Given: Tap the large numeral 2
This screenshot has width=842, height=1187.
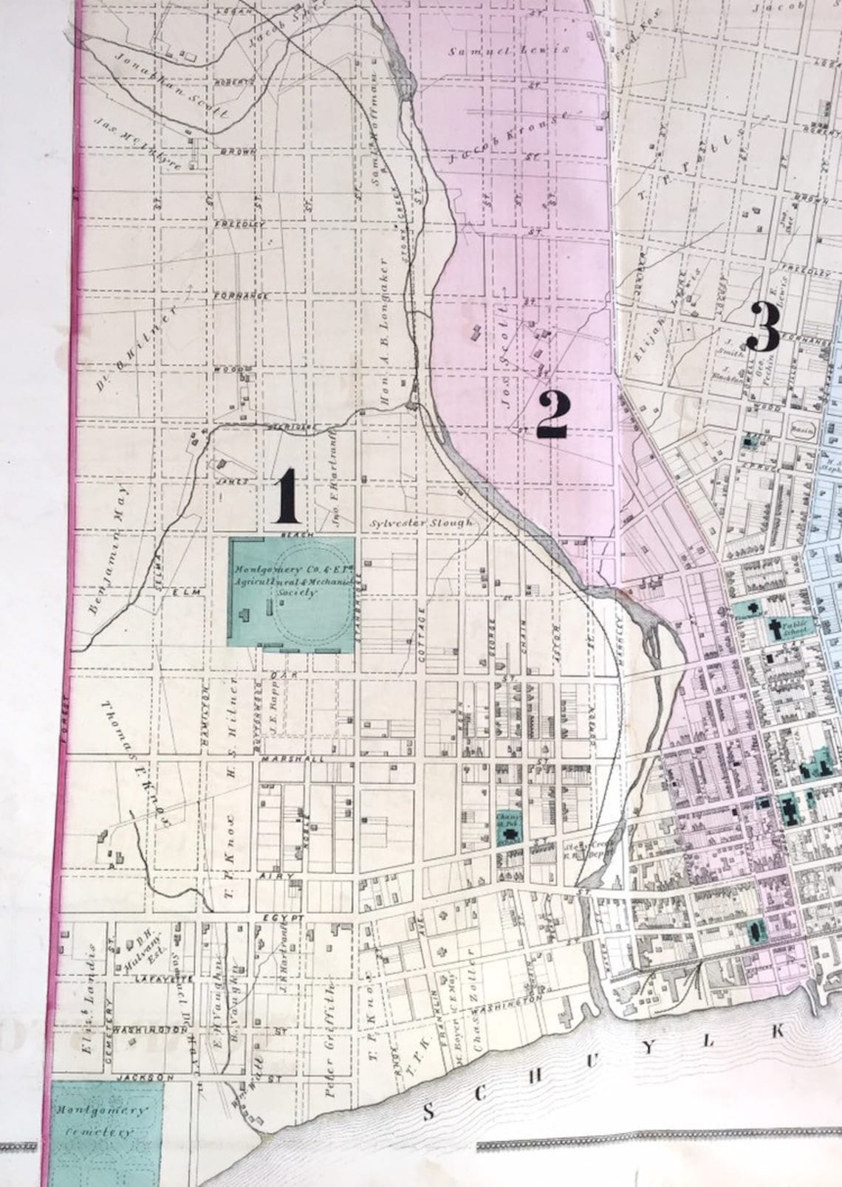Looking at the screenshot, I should (552, 415).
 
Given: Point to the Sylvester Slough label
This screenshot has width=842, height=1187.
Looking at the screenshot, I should (422, 523).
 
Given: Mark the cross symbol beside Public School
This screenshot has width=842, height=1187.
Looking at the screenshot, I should (776, 630).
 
